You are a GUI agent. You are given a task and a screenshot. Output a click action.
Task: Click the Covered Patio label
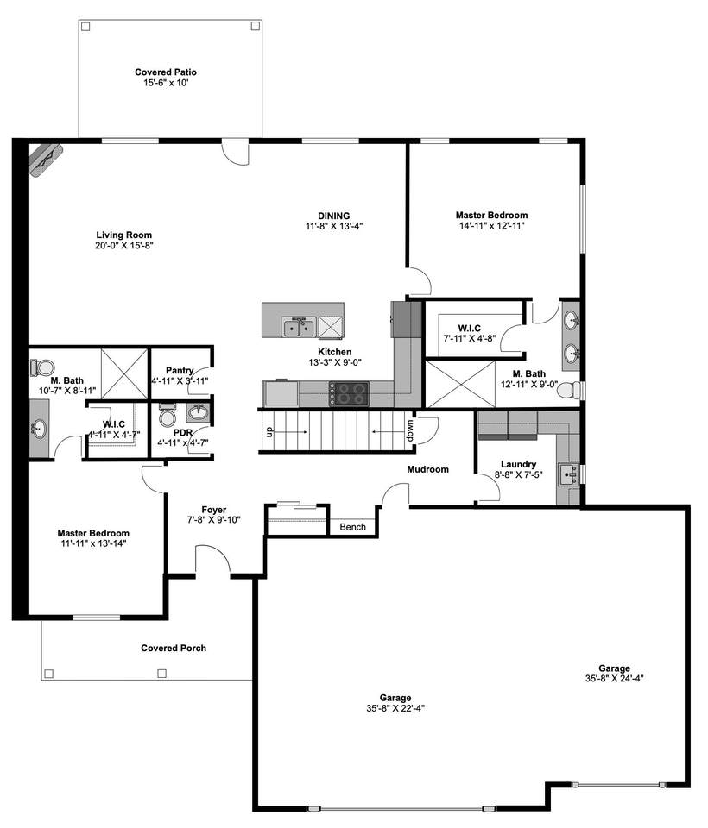pyautogui.click(x=166, y=72)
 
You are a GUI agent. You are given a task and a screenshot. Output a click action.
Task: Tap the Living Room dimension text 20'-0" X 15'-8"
pyautogui.click(x=124, y=246)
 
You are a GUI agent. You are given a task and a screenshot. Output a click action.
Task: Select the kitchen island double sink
pyautogui.click(x=300, y=328)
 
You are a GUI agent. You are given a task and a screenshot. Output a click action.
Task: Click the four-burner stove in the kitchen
pyautogui.click(x=349, y=393)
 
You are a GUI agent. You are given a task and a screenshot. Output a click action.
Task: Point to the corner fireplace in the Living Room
pyautogui.click(x=46, y=160)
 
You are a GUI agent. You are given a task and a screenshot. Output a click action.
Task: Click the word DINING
pyautogui.click(x=333, y=216)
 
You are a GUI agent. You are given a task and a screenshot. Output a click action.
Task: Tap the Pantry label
pyautogui.click(x=180, y=371)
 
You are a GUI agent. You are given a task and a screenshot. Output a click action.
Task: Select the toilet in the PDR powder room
pyautogui.click(x=168, y=415)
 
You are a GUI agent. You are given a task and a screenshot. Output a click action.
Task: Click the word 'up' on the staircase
pyautogui.click(x=268, y=432)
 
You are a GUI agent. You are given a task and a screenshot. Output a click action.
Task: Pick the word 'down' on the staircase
pyautogui.click(x=410, y=430)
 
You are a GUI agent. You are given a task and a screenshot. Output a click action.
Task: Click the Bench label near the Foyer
pyautogui.click(x=352, y=527)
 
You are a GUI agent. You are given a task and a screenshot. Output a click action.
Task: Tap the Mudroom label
pyautogui.click(x=427, y=469)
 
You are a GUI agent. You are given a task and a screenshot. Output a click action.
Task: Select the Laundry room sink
pyautogui.click(x=569, y=474)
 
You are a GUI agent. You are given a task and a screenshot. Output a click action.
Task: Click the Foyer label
pyautogui.click(x=213, y=510)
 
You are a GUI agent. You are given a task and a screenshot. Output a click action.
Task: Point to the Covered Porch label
pyautogui.click(x=174, y=648)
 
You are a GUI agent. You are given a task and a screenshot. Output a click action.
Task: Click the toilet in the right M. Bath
pyautogui.click(x=569, y=390)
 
